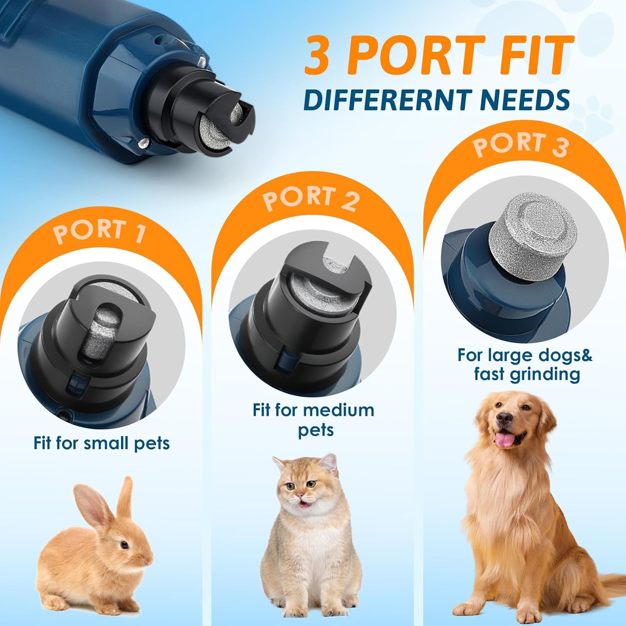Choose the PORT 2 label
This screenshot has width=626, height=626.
point(311,198)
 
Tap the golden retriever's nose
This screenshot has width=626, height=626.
point(505,418)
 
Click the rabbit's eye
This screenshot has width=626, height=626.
point(124,545)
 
